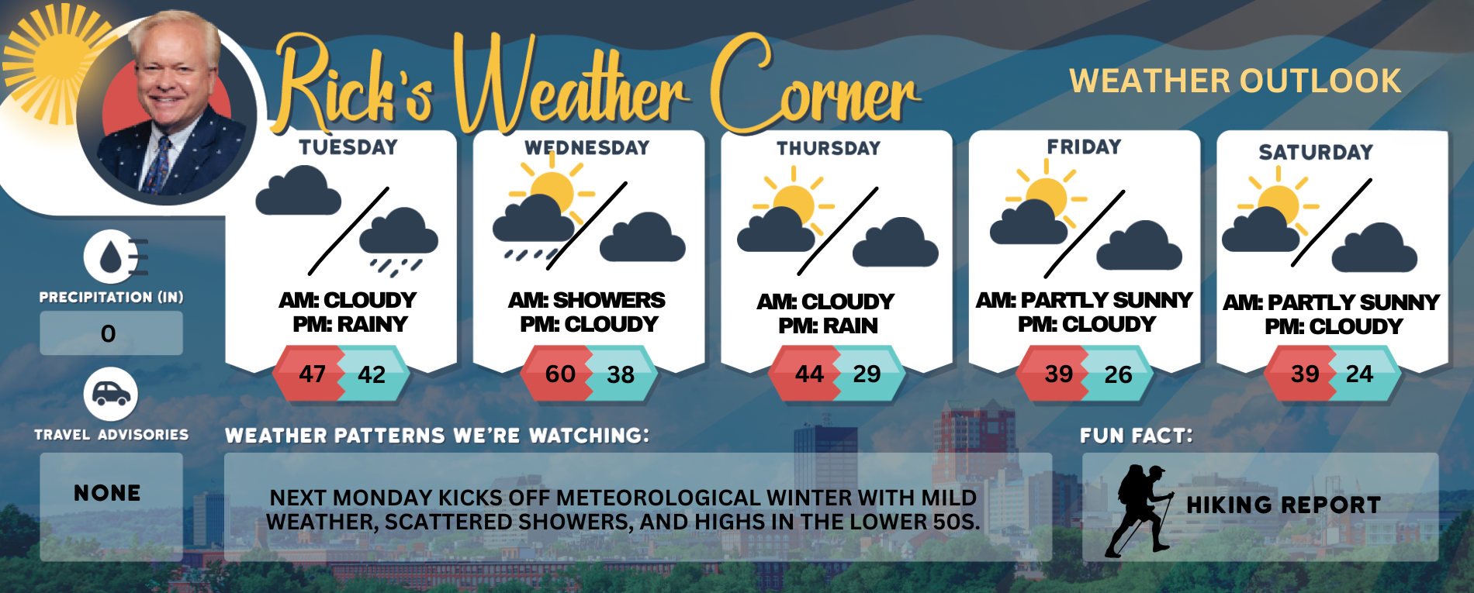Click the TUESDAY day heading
tap(348, 147)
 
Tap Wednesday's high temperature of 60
tap(560, 374)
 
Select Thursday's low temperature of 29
tap(867, 374)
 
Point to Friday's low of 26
tap(1118, 375)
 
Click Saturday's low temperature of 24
tap(1359, 374)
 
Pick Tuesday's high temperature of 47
tap(313, 374)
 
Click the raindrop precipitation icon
tap(115, 257)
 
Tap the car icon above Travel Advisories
tap(111, 395)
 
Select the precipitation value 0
tap(108, 334)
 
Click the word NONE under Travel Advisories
tap(107, 493)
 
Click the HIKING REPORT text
tap(1283, 505)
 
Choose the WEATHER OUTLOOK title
tap(1235, 81)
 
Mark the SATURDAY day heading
tap(1316, 152)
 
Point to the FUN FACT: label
tap(1137, 436)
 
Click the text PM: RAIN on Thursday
tap(828, 326)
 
